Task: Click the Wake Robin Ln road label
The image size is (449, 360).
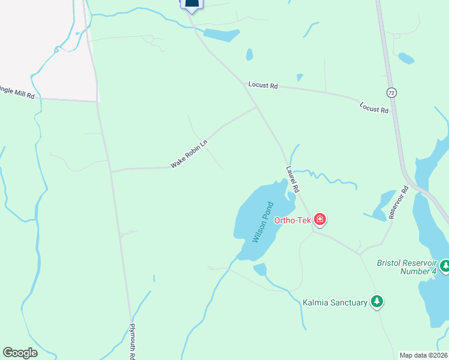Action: [x=188, y=154]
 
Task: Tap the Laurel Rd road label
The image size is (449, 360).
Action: [x=293, y=179]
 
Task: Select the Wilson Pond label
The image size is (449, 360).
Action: [x=263, y=222]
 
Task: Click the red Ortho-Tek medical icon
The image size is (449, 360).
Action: [x=320, y=220]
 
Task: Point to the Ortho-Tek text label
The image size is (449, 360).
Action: [x=293, y=220]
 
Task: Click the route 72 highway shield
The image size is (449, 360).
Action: [x=391, y=92]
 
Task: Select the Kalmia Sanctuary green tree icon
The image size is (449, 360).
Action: [x=377, y=301]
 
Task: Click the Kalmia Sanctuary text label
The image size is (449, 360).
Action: [x=335, y=302]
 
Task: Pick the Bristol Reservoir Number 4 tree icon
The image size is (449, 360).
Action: [x=445, y=265]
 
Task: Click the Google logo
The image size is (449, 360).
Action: [x=20, y=353]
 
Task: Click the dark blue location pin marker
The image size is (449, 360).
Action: [x=191, y=5]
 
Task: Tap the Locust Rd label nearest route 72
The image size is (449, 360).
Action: [x=373, y=107]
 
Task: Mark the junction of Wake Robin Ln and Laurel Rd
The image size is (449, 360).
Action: [x=258, y=107]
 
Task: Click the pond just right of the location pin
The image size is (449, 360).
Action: [x=221, y=35]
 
